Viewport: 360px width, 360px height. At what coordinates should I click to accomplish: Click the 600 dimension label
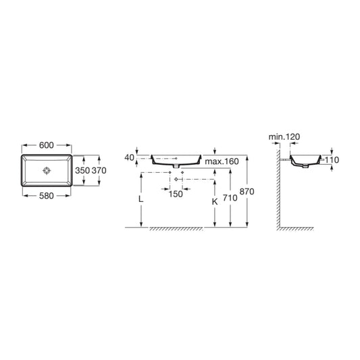pyautogui.click(x=47, y=146)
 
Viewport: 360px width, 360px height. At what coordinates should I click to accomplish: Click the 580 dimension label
pyautogui.click(x=47, y=196)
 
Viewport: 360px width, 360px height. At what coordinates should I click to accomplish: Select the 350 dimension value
pyautogui.click(x=81, y=171)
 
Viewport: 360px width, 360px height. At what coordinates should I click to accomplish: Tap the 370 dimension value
pyautogui.click(x=99, y=171)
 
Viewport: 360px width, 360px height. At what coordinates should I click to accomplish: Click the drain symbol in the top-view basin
pyautogui.click(x=47, y=170)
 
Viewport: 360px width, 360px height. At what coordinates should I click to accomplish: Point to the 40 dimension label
pyautogui.click(x=130, y=157)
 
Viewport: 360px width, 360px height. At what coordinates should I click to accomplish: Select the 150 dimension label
pyautogui.click(x=176, y=194)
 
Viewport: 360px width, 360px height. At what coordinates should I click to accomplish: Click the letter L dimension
pyautogui.click(x=140, y=201)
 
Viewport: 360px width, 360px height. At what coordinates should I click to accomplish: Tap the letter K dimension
pyautogui.click(x=214, y=201)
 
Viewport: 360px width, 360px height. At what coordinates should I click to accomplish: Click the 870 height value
pyautogui.click(x=249, y=192)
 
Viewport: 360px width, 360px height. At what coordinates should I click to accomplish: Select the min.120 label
pyautogui.click(x=284, y=137)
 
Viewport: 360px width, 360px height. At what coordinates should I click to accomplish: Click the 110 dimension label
pyautogui.click(x=331, y=160)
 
